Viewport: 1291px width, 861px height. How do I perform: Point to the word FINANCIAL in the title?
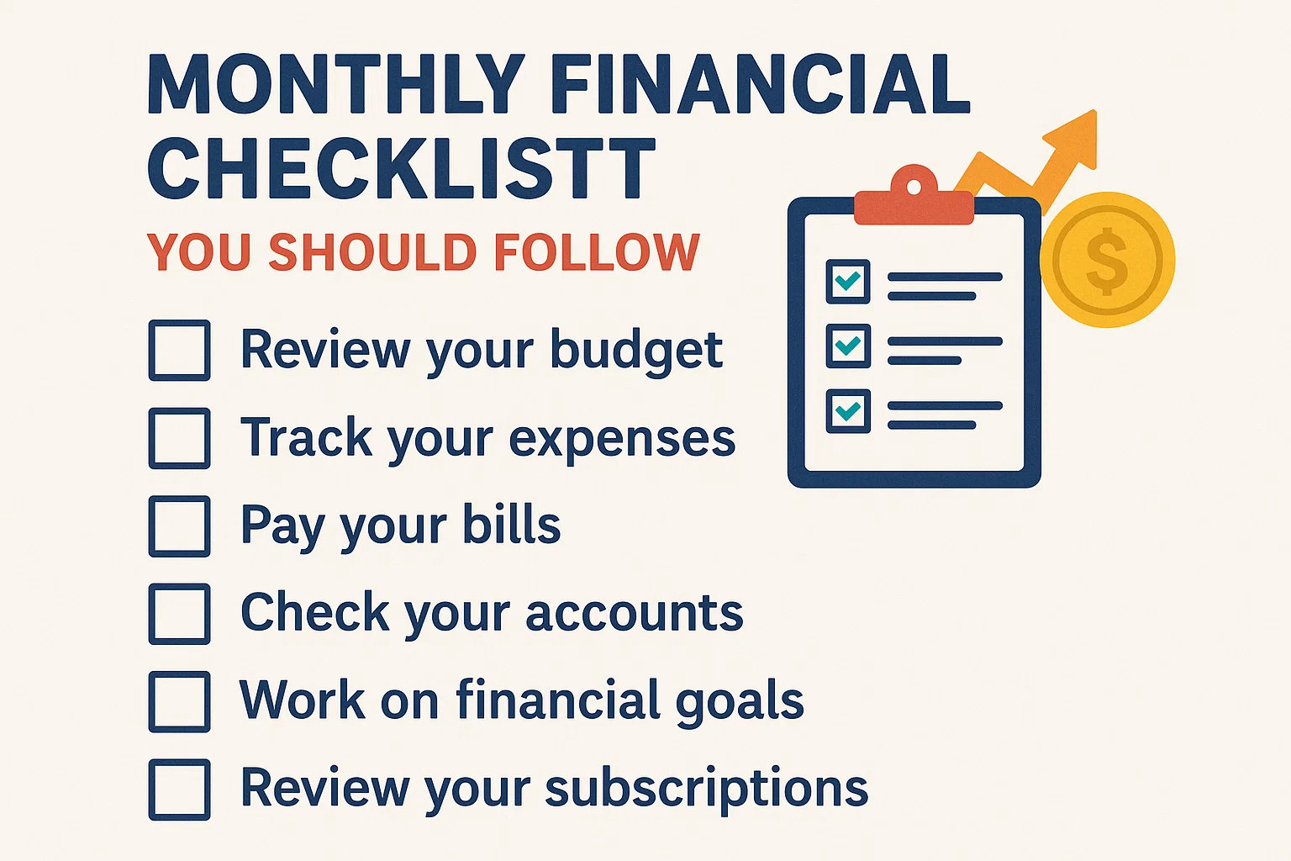coord(761,84)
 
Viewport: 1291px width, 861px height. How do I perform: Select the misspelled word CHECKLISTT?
coord(402,168)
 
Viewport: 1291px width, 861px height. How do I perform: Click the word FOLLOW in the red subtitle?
coord(597,252)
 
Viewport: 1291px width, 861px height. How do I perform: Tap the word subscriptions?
coord(707,789)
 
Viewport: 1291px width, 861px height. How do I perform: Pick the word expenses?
coord(623,440)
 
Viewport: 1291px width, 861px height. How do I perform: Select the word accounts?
coord(635,613)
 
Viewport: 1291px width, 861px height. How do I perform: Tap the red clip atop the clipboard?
coord(914,196)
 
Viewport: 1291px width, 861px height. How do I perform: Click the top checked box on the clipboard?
coord(848,282)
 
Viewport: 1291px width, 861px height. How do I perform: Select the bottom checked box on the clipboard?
coord(848,411)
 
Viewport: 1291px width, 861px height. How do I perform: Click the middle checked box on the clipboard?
coord(848,346)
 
